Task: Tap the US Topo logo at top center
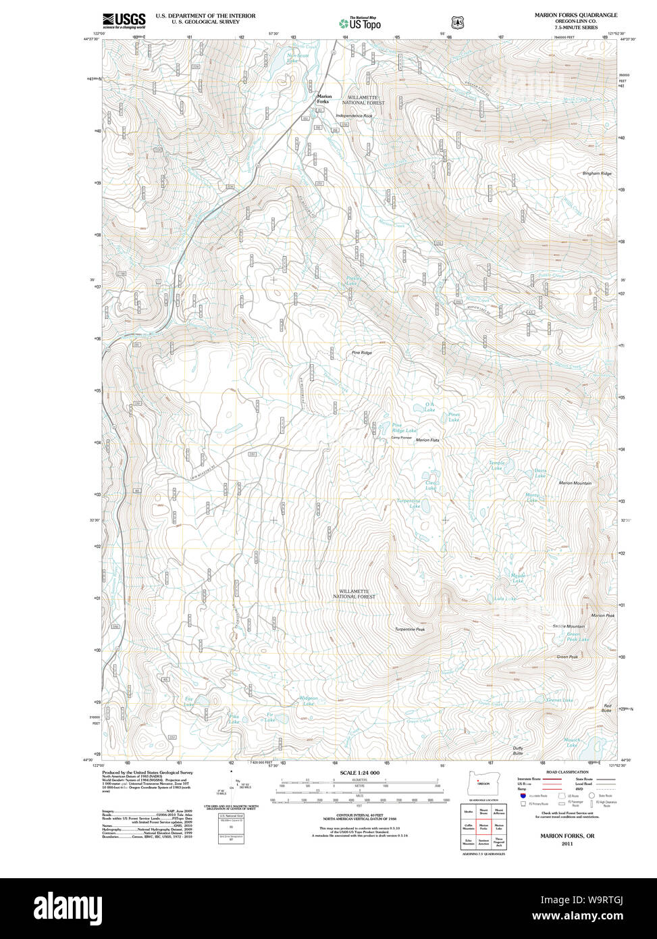(x=360, y=23)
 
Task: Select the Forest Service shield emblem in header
(x=458, y=22)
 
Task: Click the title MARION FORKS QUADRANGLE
(x=575, y=15)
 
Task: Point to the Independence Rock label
(x=354, y=116)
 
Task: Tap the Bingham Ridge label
(x=597, y=174)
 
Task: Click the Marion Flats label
(x=427, y=440)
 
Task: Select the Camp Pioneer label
(x=401, y=437)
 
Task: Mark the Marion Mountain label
(x=575, y=483)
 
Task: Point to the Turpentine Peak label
(x=410, y=629)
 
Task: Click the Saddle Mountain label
(x=569, y=626)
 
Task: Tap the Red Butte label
(x=607, y=708)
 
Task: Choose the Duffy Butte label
(x=518, y=751)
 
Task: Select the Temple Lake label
(x=497, y=465)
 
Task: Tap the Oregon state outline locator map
(x=483, y=782)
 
